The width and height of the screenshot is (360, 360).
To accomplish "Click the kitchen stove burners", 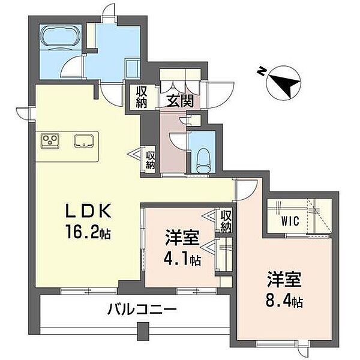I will coord(50,141).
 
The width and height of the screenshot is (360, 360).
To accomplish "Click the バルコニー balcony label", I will coord(142,310).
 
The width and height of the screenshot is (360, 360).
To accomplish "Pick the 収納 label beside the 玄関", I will coord(142,97).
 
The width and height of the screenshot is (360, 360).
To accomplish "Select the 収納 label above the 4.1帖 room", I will coord(226,221).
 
